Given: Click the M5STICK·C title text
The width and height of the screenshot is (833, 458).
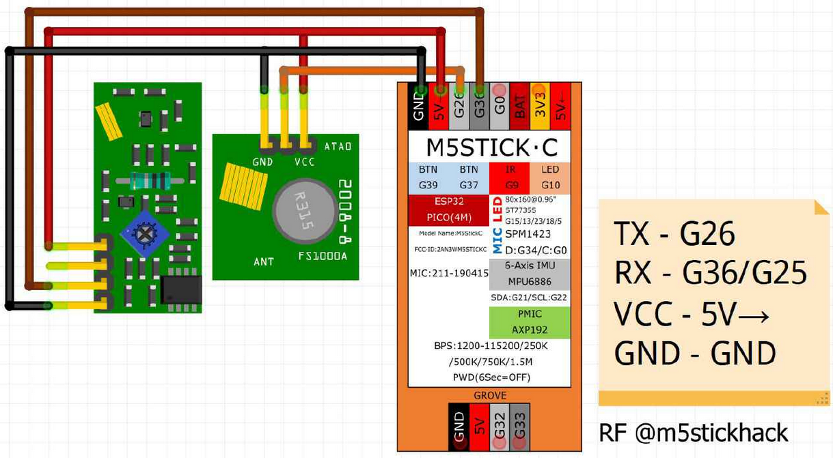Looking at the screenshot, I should (x=491, y=147).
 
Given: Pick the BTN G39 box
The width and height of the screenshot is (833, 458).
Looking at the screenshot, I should (x=428, y=177).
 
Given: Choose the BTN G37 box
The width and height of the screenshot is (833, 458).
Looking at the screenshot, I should (x=469, y=177).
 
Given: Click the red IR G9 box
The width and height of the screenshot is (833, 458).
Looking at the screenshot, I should (x=510, y=177).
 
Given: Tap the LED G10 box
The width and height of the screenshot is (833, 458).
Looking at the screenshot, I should (x=550, y=177).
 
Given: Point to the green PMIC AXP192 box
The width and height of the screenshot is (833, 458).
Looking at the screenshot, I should (x=530, y=322).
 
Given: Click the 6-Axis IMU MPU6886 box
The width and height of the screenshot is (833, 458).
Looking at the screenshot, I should (x=530, y=274).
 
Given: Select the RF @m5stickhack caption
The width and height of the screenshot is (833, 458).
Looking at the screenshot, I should (x=693, y=432).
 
